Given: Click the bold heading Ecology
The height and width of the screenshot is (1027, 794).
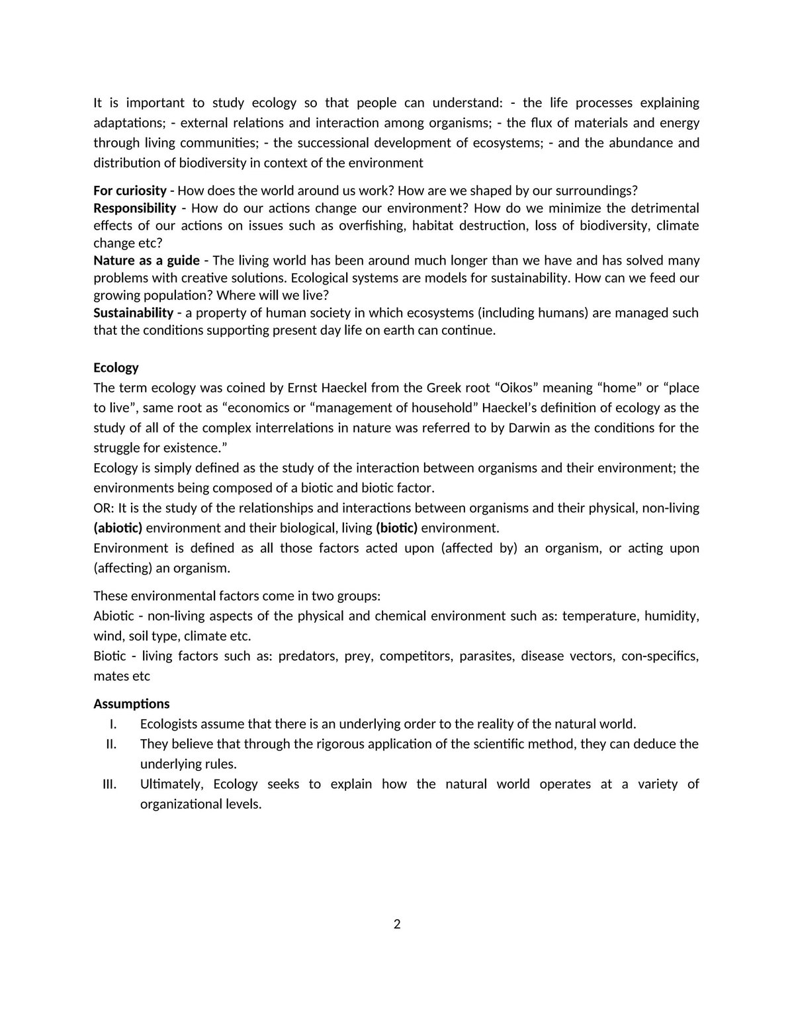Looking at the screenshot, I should point(116,367).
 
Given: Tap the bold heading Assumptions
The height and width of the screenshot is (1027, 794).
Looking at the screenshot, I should point(131,703).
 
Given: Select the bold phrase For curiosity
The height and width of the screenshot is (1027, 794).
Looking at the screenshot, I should point(130,191).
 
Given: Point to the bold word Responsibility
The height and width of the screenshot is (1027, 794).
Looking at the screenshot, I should point(134,208).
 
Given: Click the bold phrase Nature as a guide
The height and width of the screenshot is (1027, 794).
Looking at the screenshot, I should point(146,260).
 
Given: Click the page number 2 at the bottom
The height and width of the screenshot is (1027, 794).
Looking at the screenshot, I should point(397,924).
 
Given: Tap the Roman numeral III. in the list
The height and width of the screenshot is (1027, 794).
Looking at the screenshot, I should point(110,784).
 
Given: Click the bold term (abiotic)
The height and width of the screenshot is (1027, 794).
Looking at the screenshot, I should point(118,528).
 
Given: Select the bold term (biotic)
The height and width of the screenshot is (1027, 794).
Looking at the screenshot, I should point(396,528).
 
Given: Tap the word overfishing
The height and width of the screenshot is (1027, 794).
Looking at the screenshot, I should point(371,225).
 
